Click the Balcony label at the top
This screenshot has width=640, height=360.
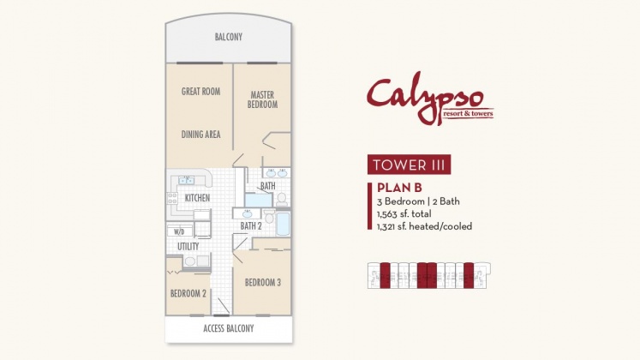coord(229,37)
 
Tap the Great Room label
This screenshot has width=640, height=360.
coord(200,92)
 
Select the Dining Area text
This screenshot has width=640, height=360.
coord(200,135)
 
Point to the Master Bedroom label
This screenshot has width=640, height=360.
coord(262,99)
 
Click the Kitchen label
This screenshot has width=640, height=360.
coord(198,198)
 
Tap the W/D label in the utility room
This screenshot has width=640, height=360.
coord(179,231)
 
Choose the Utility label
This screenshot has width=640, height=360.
coord(188,247)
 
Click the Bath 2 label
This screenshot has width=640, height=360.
coord(251,225)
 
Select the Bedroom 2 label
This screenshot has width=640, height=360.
coord(188,293)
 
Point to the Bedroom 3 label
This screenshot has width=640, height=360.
coord(263,283)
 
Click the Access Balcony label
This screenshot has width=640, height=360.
coord(229,328)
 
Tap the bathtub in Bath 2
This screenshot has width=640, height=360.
coord(283,223)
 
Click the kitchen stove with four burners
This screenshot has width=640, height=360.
coord(172,198)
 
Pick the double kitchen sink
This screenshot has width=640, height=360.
coord(187,180)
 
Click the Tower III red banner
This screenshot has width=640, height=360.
coord(409,165)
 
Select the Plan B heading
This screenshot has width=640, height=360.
coord(399,188)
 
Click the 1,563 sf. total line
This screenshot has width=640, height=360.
coord(404,214)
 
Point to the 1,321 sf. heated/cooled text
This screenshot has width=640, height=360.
coord(424,226)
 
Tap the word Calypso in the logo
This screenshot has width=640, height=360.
coord(424,97)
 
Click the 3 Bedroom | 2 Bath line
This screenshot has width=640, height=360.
coord(418,201)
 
